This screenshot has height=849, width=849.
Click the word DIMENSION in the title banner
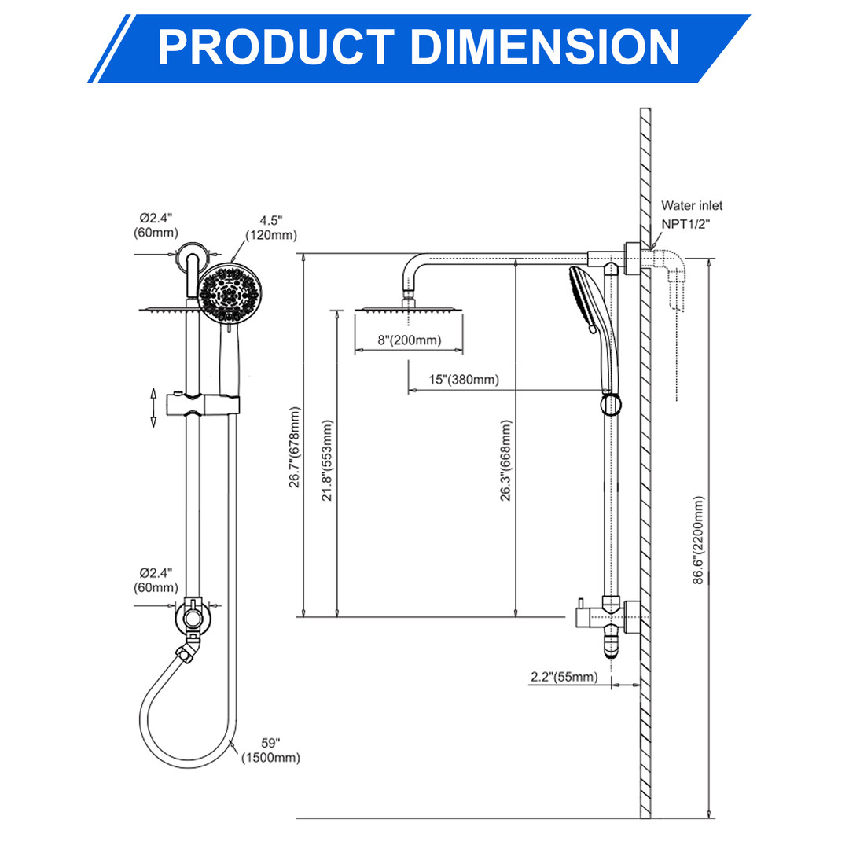click(543, 46)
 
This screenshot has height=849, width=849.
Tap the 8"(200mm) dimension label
click(408, 340)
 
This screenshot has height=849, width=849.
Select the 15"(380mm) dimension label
click(463, 380)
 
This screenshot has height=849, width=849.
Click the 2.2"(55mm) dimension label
click(564, 677)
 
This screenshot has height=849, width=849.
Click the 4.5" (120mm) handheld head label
click(271, 228)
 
